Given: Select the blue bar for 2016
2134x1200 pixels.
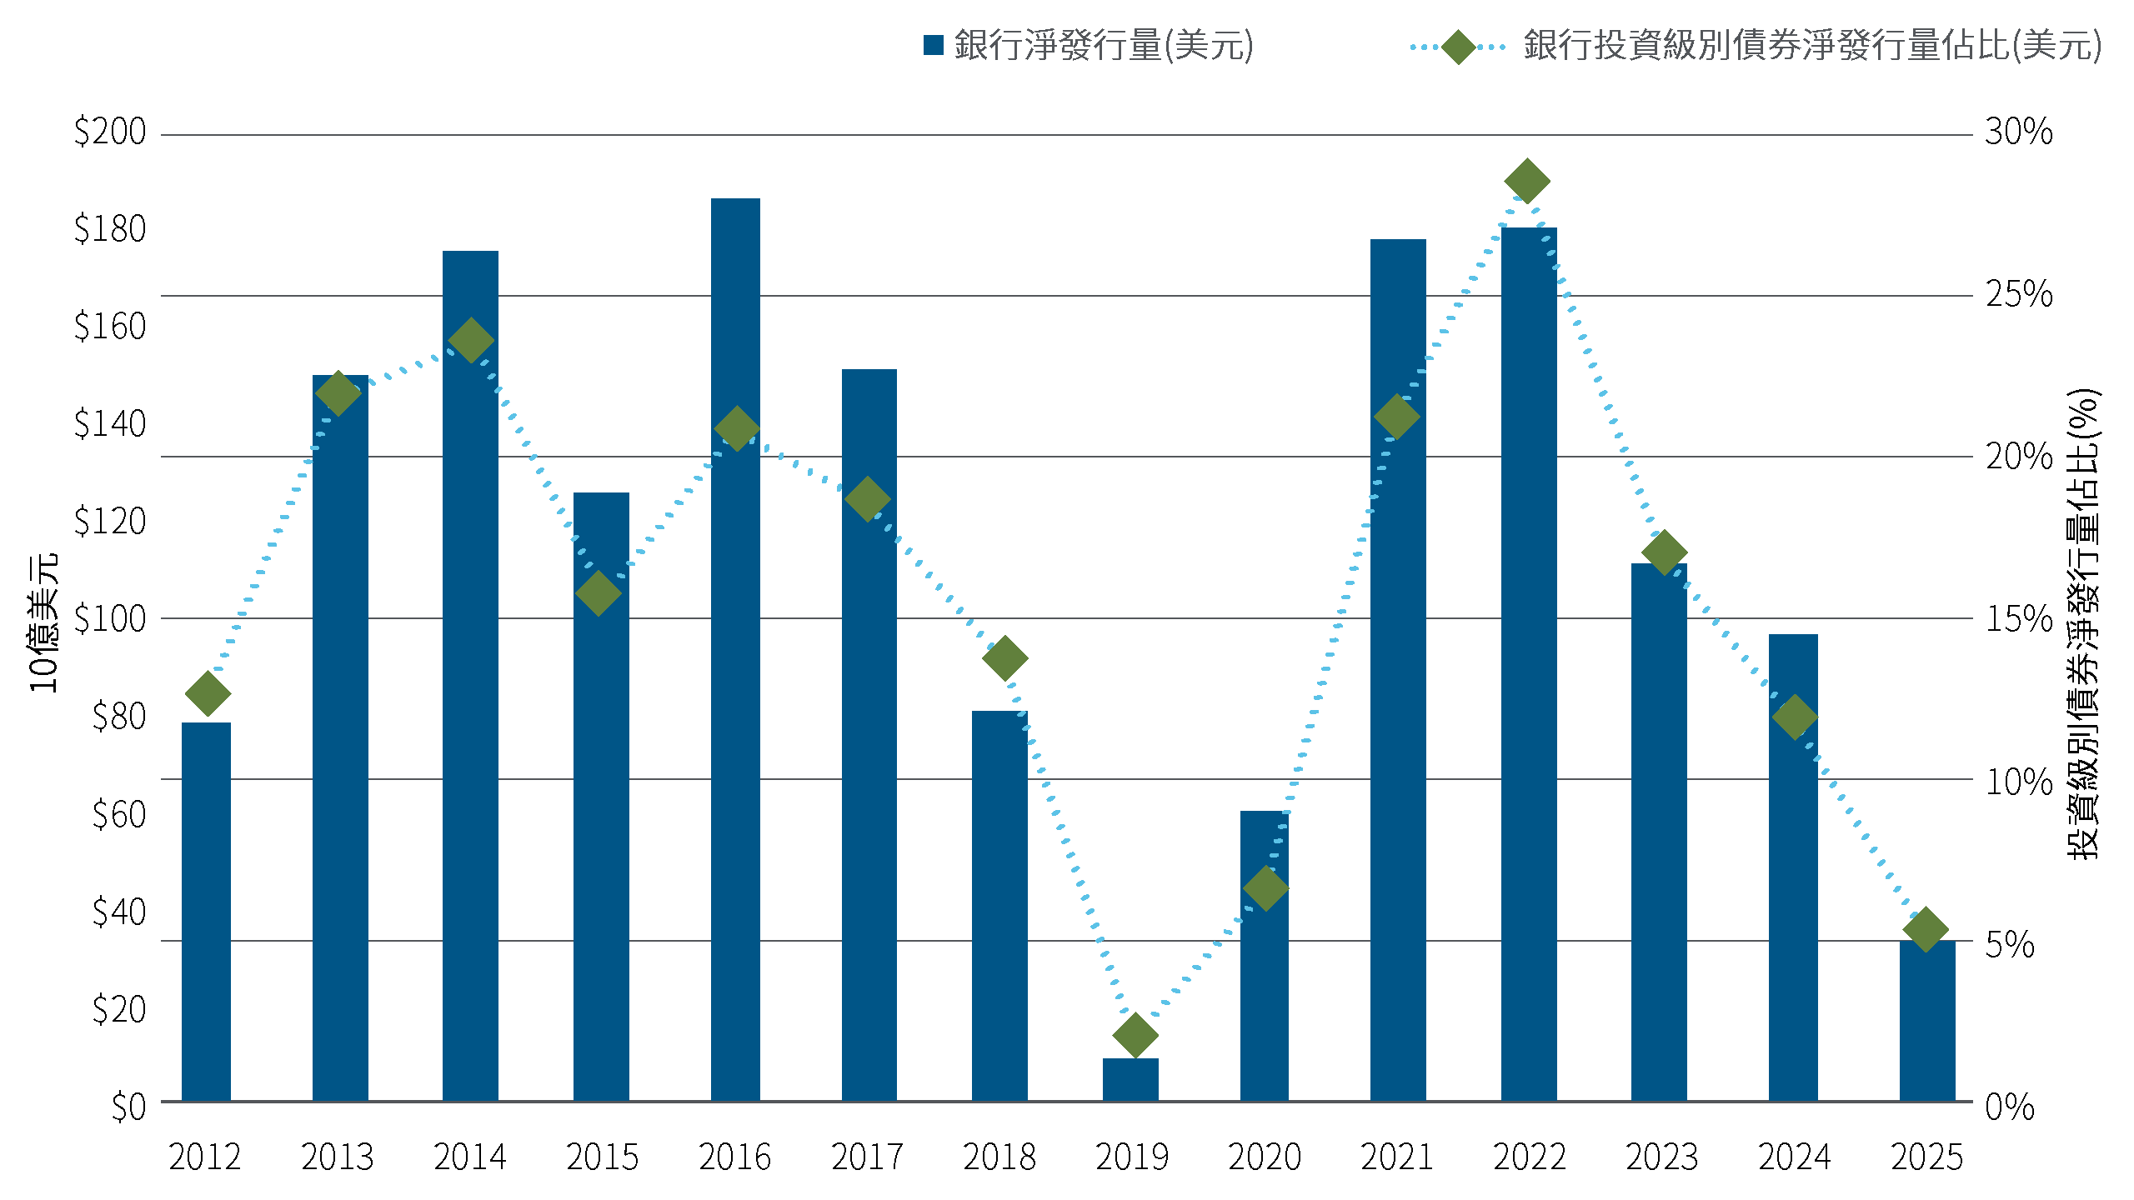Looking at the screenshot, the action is click(x=735, y=650).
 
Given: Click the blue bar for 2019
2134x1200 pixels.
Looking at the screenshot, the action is click(x=1130, y=1080).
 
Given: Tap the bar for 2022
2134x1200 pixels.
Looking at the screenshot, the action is click(x=1529, y=665).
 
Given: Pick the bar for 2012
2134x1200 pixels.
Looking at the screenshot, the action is click(x=206, y=912).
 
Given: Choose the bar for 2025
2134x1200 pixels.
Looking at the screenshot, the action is click(x=1927, y=1021).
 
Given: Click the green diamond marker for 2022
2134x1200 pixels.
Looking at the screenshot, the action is click(x=1527, y=181).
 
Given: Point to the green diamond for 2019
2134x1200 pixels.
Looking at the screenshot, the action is click(x=1135, y=1035).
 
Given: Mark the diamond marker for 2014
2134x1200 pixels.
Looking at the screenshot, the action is click(x=471, y=340).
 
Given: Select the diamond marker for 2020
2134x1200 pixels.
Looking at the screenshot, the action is click(x=1265, y=887).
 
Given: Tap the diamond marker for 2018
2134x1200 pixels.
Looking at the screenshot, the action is click(x=1004, y=658).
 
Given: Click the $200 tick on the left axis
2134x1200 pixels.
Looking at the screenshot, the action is click(x=110, y=132).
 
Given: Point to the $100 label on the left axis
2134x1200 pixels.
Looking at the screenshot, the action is click(x=110, y=618).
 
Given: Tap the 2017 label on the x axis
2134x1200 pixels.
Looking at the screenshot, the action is click(x=867, y=1157).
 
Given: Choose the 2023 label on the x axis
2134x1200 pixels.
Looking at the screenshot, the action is click(x=1662, y=1157).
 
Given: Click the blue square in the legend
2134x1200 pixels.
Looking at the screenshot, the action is click(x=934, y=45).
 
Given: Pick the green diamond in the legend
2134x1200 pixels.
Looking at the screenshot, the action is click(x=1458, y=47).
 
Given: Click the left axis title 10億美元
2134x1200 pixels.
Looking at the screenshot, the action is click(x=43, y=622).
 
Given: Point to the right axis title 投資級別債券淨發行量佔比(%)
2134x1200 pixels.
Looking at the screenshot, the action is click(x=2083, y=623).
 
